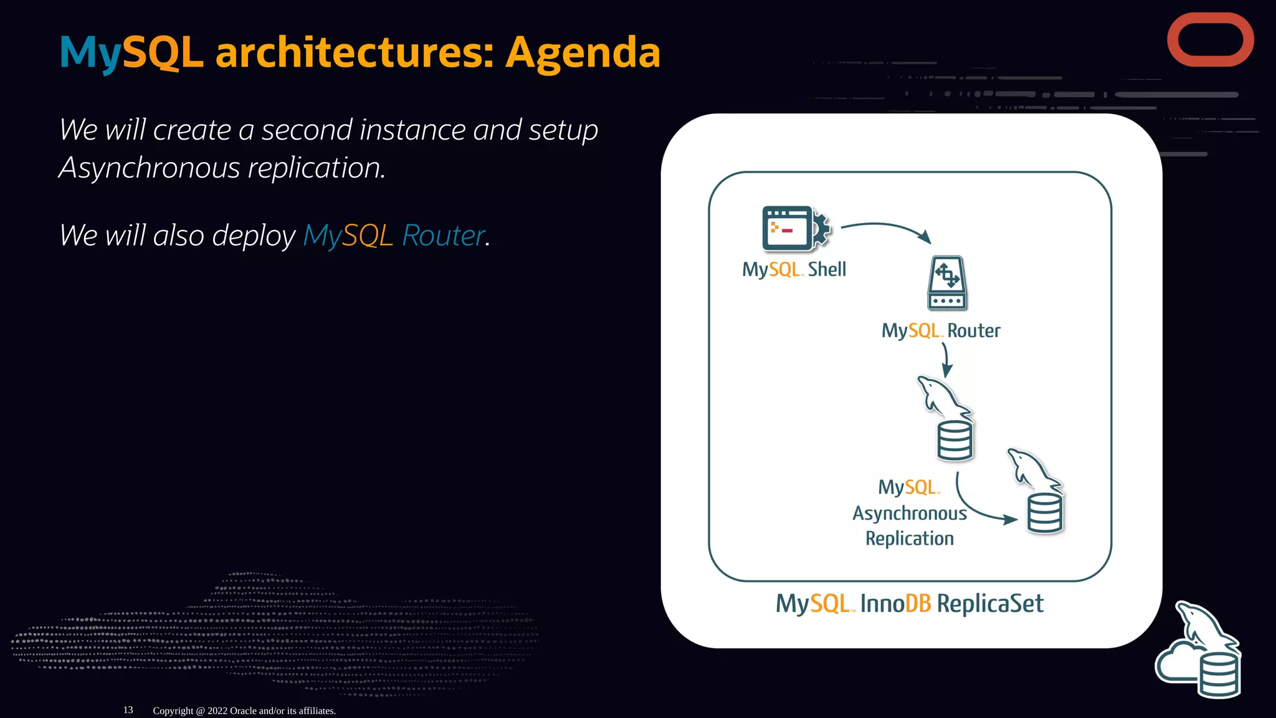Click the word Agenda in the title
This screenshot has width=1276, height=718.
click(582, 52)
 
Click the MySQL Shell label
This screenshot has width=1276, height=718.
click(794, 270)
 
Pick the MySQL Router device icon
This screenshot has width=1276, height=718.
click(946, 283)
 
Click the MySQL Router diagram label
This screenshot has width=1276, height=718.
click(941, 331)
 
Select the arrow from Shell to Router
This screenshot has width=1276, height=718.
click(885, 227)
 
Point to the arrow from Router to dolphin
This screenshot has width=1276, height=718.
click(946, 360)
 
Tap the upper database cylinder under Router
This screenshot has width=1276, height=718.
click(955, 441)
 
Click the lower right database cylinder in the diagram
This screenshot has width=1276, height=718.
click(1045, 513)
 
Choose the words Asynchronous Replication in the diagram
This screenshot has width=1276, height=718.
click(910, 525)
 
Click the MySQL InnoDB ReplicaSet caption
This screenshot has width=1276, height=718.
click(909, 604)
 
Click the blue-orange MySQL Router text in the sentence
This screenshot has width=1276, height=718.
click(394, 236)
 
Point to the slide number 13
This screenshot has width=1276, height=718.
click(128, 710)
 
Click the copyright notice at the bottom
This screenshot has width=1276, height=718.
click(244, 711)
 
